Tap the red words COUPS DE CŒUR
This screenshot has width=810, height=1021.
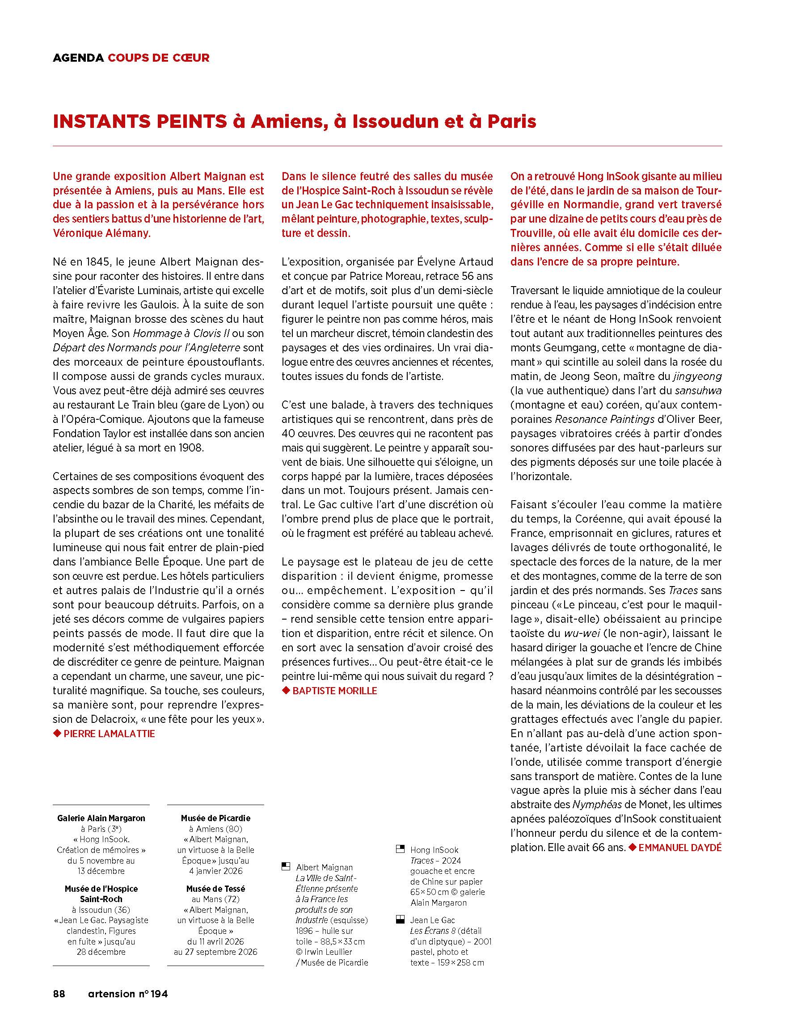(158, 58)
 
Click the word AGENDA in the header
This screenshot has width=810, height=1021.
(78, 58)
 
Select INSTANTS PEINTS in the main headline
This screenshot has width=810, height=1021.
(140, 122)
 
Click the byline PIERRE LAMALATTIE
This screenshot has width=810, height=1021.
(109, 734)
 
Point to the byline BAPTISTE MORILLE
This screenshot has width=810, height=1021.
(334, 691)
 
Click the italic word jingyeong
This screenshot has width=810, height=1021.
(697, 376)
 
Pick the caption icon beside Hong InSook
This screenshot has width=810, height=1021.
(400, 849)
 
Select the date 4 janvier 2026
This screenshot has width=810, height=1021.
(215, 871)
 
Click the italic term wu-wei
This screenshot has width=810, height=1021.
(575, 633)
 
